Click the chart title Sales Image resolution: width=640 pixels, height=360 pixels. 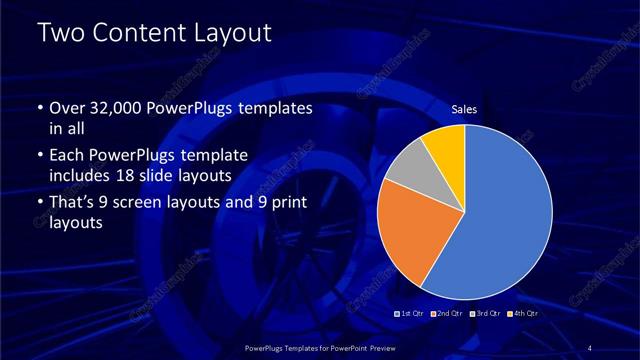point(463,109)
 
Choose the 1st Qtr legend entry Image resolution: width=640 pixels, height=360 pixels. point(411,314)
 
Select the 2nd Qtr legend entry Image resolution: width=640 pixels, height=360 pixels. point(448,314)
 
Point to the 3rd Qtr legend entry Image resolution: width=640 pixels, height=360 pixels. point(486,314)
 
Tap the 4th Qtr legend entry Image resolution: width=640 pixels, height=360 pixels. point(524,314)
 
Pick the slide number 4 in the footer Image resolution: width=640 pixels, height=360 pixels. point(590,347)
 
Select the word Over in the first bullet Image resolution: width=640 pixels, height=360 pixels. point(66,108)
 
